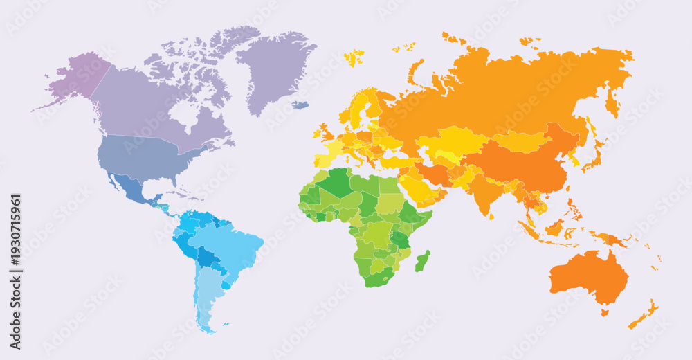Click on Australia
coord(588,277)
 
